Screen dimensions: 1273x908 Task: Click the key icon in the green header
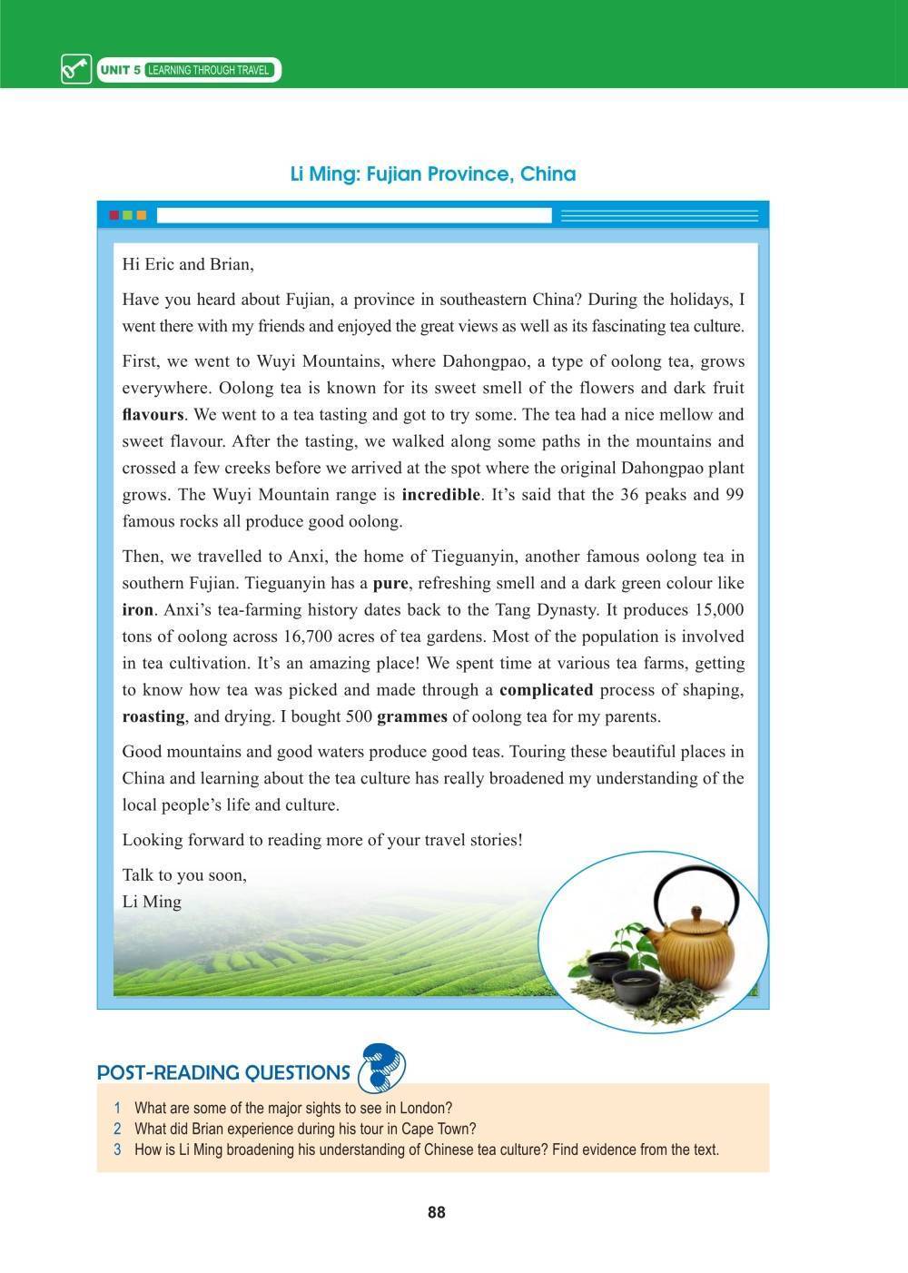tap(76, 70)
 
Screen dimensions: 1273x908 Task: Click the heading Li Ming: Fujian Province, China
tap(433, 173)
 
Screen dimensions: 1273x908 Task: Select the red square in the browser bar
tap(113, 215)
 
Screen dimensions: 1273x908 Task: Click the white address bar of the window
tap(354, 215)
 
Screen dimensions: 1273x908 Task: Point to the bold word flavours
tap(153, 415)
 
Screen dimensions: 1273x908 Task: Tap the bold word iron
tap(137, 609)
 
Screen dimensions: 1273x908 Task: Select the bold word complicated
tap(546, 689)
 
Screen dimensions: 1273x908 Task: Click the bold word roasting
tap(153, 716)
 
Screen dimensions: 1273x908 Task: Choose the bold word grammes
tap(411, 716)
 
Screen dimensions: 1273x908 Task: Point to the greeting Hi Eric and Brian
tap(188, 265)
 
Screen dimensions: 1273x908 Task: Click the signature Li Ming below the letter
tap(152, 902)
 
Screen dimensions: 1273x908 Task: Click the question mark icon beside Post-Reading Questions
tap(381, 1068)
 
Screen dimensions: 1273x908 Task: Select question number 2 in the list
tap(117, 1130)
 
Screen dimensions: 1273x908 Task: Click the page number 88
tap(436, 1213)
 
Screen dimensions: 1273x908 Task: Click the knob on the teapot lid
tap(696, 911)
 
